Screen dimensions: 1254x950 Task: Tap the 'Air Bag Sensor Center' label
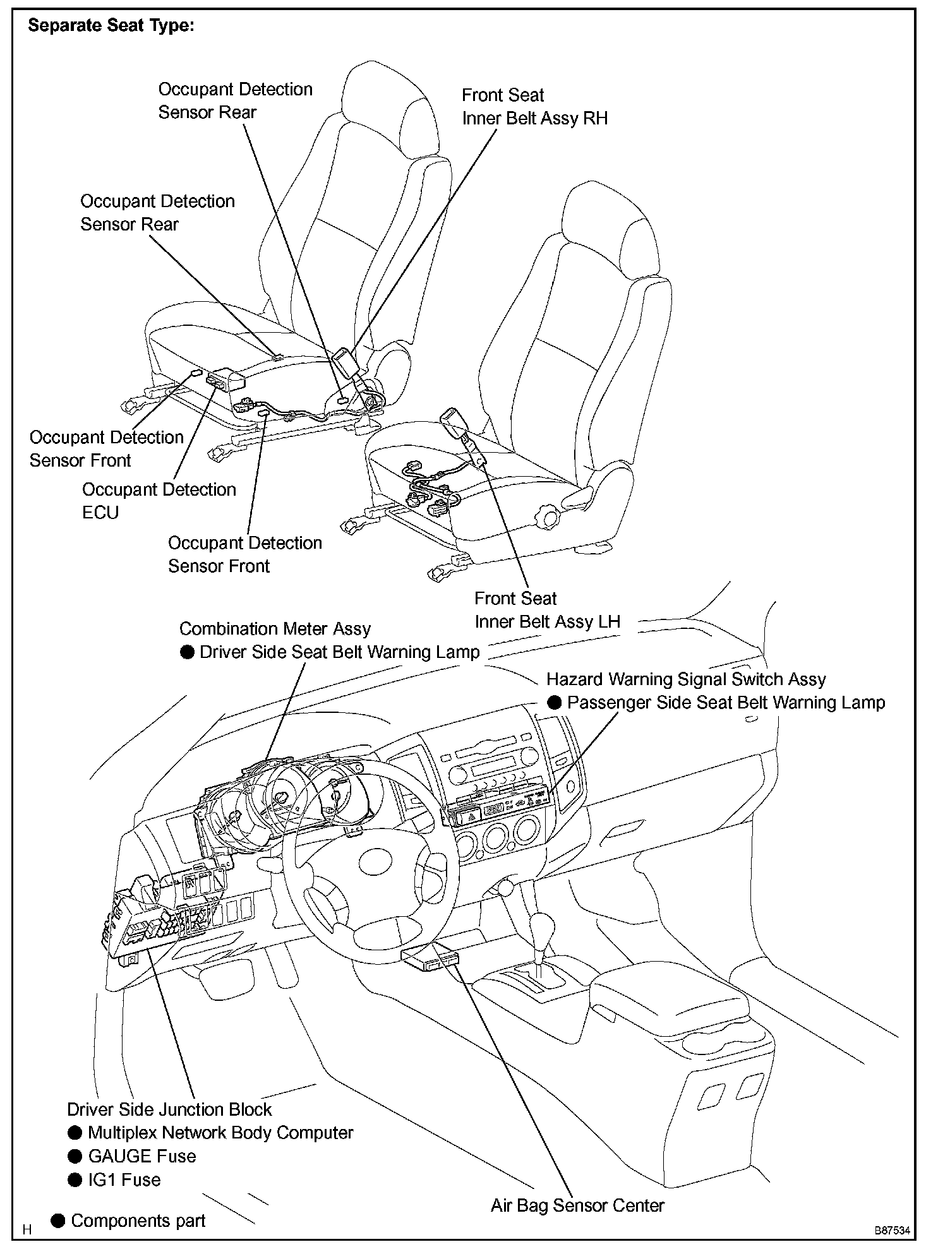click(x=577, y=1205)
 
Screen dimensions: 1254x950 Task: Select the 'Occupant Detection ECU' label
click(x=159, y=501)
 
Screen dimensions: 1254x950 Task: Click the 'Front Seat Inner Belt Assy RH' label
click(x=534, y=107)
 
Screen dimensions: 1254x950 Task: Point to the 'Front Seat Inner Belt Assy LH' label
click(x=547, y=610)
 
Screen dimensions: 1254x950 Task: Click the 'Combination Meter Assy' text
click(x=275, y=629)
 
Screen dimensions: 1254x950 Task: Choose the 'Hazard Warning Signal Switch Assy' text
click(x=686, y=679)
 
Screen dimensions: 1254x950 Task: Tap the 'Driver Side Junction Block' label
click(x=169, y=1109)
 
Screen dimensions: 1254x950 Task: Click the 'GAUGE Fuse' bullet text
click(x=141, y=1156)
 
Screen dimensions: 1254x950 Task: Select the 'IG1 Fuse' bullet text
click(x=124, y=1179)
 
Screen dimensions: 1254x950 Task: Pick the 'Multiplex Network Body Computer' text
click(x=220, y=1133)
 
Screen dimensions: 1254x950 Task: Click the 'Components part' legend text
click(x=138, y=1221)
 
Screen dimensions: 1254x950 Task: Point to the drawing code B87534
click(x=892, y=1231)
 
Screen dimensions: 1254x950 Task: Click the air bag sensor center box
click(x=429, y=960)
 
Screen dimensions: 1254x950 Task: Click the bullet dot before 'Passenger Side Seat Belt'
click(x=554, y=703)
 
